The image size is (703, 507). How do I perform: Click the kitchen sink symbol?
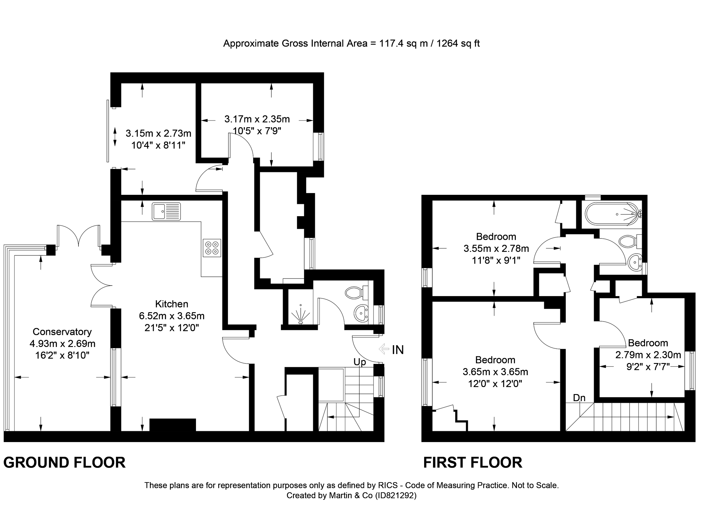click(x=166, y=212)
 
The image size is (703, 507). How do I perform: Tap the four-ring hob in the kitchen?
click(x=212, y=248)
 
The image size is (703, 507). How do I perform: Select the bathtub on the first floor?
click(x=613, y=213)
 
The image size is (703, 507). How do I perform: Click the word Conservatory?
click(x=62, y=332)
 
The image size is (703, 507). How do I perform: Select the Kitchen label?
click(x=171, y=304)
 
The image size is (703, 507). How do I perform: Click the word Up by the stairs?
click(x=360, y=362)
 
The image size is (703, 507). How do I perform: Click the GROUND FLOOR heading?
click(x=64, y=463)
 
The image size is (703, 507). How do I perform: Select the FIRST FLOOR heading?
click(x=473, y=463)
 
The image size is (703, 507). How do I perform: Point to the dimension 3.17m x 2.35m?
click(x=257, y=119)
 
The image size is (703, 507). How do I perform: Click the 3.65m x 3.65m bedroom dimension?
click(x=495, y=372)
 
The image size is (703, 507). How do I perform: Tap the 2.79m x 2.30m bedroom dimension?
click(x=648, y=355)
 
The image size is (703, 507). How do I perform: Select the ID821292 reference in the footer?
click(x=395, y=496)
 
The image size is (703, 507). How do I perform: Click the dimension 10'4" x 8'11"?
click(x=158, y=145)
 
